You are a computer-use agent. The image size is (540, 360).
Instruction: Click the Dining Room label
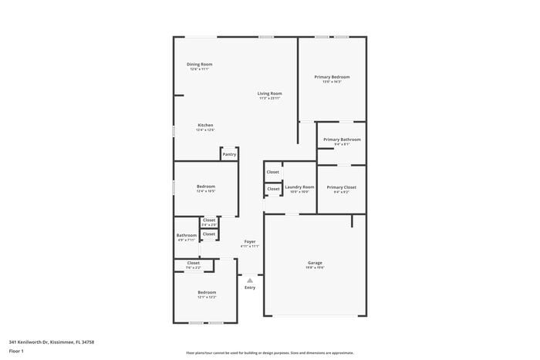200,64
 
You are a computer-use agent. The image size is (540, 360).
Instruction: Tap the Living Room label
269,93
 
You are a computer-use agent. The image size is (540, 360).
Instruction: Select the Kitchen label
205,125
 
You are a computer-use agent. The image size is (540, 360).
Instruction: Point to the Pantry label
229,154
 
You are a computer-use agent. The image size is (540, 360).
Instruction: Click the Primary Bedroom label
332,76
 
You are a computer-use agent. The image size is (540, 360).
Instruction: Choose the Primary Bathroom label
342,140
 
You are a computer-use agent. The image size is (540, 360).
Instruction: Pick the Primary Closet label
341,187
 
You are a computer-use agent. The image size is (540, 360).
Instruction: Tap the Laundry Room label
299,187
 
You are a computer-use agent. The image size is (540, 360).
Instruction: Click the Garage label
316,263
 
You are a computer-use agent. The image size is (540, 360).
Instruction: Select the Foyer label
250,241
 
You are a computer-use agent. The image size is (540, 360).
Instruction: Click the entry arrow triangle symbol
250,281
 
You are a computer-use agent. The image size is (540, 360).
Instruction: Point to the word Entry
250,288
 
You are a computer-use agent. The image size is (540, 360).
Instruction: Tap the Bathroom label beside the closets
187,235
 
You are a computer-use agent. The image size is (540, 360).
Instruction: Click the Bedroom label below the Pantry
206,186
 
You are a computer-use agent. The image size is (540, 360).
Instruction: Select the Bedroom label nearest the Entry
207,292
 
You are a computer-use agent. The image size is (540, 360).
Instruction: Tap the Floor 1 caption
16,352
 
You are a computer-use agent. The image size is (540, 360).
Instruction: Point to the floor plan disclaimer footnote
270,352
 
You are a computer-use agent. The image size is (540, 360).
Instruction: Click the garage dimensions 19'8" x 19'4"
316,267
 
